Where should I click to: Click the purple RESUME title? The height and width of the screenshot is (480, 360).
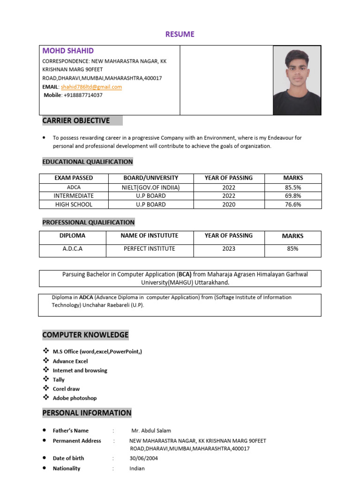pyautogui.click(x=180, y=34)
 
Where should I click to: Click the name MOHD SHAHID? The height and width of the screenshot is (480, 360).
pyautogui.click(x=68, y=51)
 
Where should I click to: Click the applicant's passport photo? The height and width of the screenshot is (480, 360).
pyautogui.click(x=297, y=80)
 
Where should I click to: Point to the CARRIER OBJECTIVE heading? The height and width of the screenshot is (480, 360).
pyautogui.click(x=76, y=120)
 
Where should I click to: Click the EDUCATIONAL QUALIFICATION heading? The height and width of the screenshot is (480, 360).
pyautogui.click(x=88, y=162)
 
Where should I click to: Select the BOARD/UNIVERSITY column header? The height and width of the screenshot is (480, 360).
pyautogui.click(x=150, y=178)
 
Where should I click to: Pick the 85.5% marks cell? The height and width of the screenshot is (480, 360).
pyautogui.click(x=292, y=187)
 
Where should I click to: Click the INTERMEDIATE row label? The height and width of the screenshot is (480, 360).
pyautogui.click(x=74, y=195)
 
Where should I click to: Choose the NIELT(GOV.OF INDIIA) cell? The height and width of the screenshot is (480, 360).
pyautogui.click(x=150, y=187)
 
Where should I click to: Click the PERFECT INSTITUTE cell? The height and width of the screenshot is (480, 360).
pyautogui.click(x=149, y=249)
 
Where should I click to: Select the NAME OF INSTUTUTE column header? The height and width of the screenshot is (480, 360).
pyautogui.click(x=149, y=236)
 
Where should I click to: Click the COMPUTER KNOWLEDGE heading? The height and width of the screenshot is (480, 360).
pyautogui.click(x=85, y=335)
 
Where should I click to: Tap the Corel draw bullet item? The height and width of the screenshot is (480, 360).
pyautogui.click(x=66, y=389)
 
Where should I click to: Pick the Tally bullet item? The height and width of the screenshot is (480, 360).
pyautogui.click(x=59, y=380)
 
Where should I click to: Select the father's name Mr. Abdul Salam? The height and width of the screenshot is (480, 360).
pyautogui.click(x=151, y=430)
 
